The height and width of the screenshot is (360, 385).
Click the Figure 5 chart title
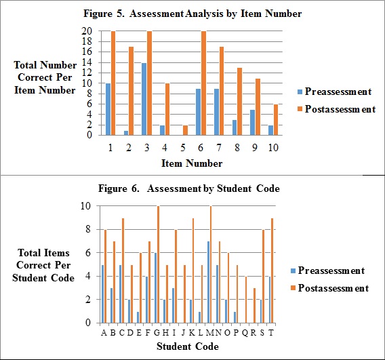192,14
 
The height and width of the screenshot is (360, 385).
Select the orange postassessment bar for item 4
167,109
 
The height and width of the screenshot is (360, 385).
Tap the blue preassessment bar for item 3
144,99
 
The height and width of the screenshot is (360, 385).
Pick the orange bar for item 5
185,130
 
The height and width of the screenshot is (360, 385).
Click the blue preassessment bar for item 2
126,133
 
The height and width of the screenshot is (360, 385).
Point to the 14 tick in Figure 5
87,62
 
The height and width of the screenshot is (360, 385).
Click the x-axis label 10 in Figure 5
273,148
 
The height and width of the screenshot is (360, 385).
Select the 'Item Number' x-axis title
192,163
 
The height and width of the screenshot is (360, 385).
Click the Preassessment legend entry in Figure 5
334,92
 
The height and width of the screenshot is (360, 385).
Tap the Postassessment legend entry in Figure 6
329,288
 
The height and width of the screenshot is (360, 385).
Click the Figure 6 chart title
189,188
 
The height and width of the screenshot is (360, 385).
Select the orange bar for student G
158,264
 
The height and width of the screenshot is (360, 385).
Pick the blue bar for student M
209,282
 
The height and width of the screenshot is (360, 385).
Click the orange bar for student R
255,306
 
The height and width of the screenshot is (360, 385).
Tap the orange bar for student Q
246,300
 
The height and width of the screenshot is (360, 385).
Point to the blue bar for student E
138,317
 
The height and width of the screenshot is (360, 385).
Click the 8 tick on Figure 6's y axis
88,229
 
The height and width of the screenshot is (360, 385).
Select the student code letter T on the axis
271,333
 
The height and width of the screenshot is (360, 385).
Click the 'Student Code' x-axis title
188,346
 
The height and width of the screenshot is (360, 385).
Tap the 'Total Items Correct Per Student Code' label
43,265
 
